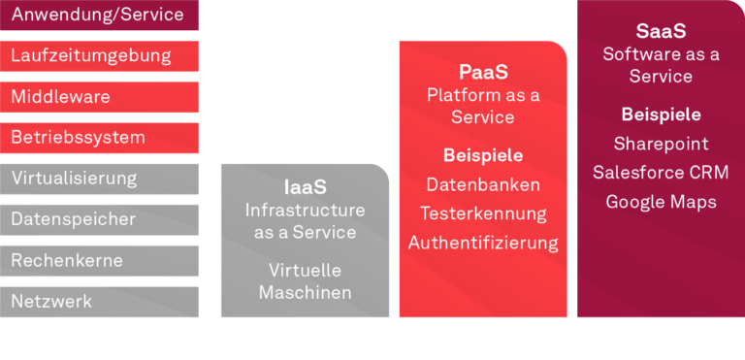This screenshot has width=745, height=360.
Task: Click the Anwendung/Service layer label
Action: pos(97,16)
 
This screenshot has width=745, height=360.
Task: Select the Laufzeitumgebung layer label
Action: pos(91,56)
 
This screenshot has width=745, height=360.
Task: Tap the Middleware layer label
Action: pos(60,97)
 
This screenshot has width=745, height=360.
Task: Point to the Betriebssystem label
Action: pos(78,138)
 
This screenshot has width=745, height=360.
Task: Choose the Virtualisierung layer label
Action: pos(74,179)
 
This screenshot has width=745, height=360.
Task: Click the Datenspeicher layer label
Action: pos(73,219)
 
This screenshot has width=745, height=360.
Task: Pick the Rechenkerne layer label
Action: pos(67,260)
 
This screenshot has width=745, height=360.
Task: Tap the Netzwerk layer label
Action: pos(51,301)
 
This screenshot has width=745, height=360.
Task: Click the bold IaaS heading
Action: pos(305,186)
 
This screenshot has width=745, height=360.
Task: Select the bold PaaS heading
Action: pos(483,72)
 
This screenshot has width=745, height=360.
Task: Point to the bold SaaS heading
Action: pos(661,32)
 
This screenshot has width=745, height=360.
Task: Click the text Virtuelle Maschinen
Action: pos(305,281)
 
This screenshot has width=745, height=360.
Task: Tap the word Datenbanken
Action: pos(483,184)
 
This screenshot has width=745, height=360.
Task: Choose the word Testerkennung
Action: pos(483,213)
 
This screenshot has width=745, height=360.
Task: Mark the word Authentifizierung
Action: pos(483,243)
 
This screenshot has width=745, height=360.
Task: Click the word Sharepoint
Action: pos(661,144)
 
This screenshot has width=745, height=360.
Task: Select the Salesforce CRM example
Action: pos(661,173)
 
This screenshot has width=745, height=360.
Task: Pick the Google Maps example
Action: pos(661,202)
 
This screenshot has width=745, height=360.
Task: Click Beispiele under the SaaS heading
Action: pos(661,115)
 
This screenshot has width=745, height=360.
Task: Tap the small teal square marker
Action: pos(572,115)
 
